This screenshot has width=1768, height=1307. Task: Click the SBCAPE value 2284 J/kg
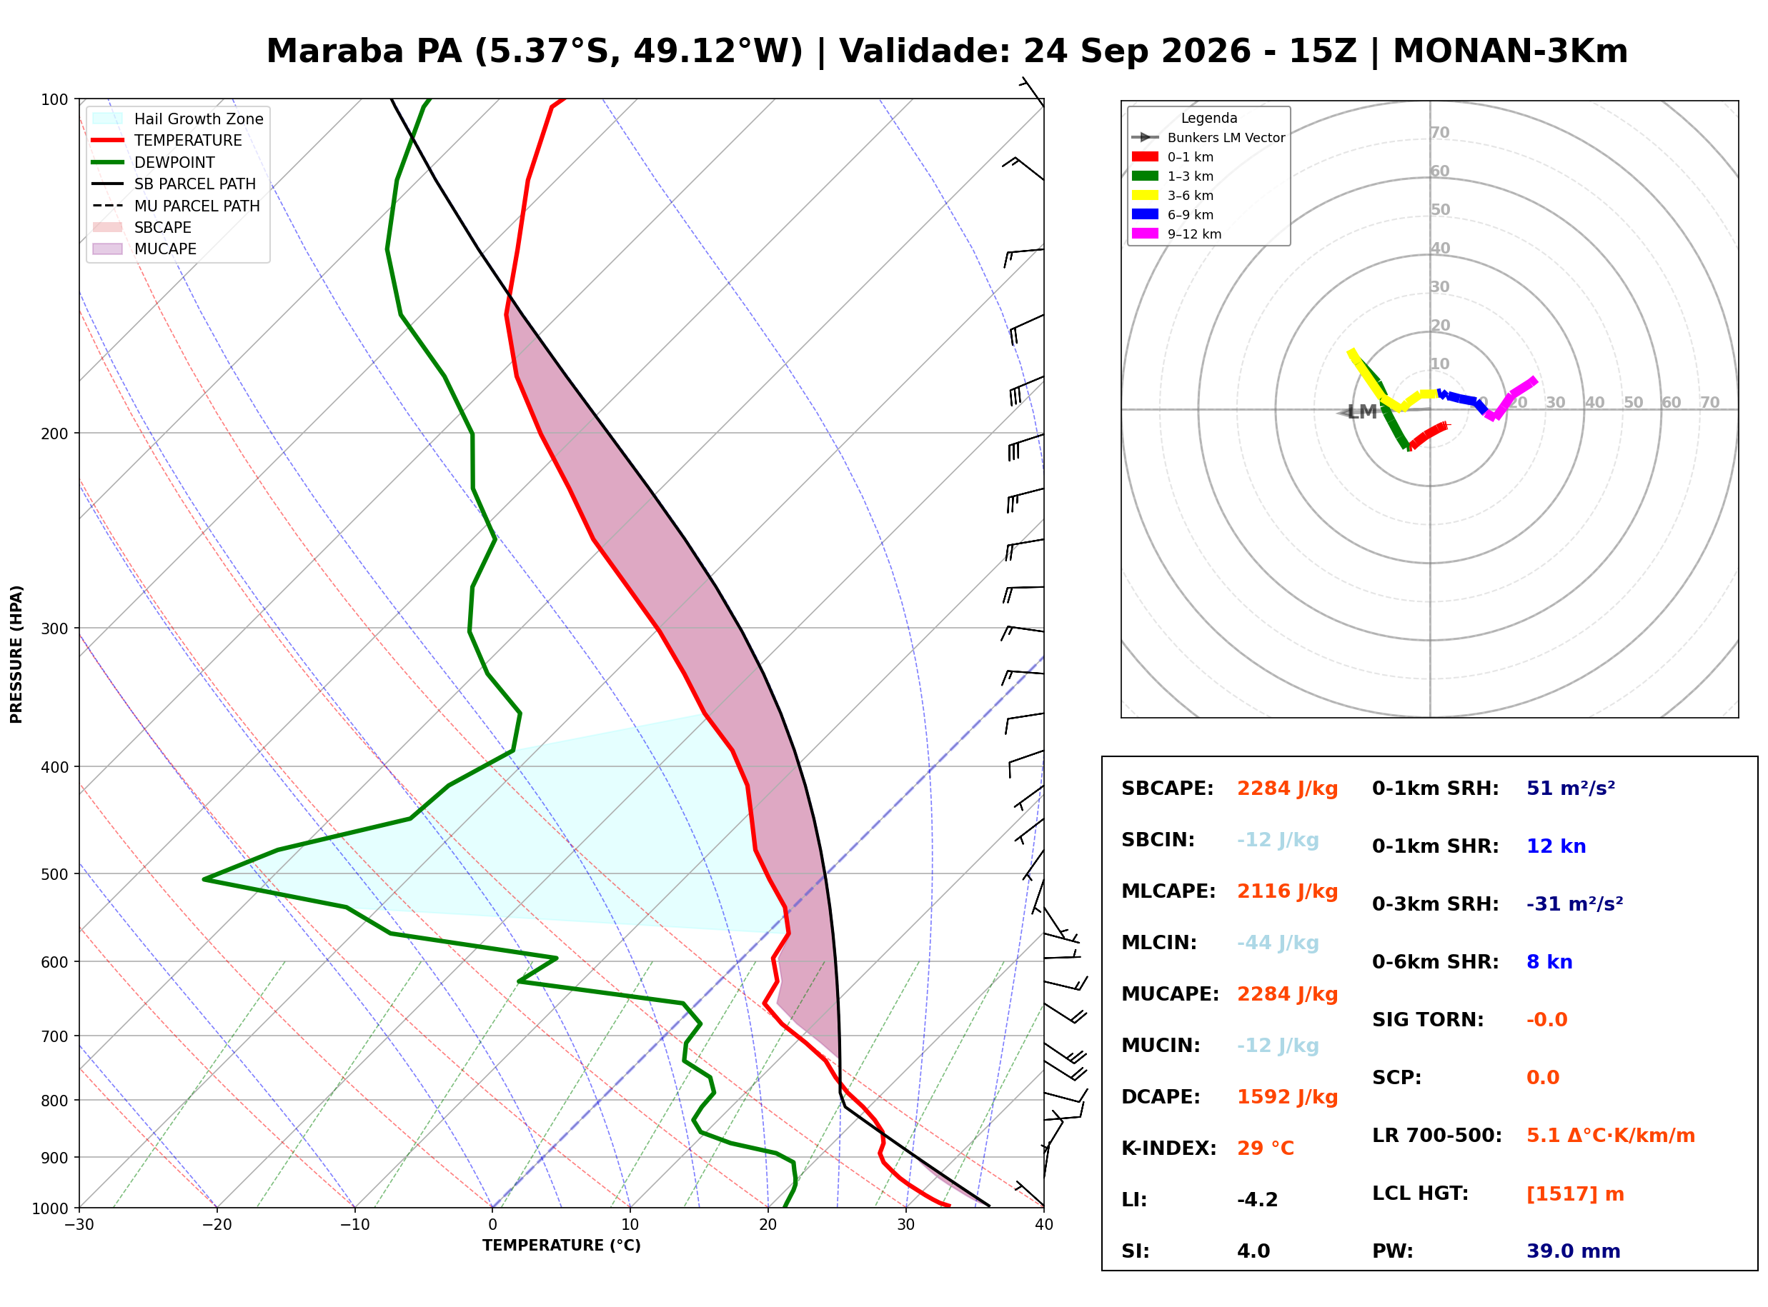coord(1287,788)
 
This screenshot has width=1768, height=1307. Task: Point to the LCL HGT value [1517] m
coord(1575,1194)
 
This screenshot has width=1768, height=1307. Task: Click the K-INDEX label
coord(1169,1148)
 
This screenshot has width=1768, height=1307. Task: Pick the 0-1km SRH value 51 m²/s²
coord(1570,788)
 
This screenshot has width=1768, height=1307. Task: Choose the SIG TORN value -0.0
coord(1546,1020)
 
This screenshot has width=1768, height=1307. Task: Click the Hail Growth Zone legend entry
coord(178,119)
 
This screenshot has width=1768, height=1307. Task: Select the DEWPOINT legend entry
coord(154,162)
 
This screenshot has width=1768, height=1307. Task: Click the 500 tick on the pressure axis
coord(56,874)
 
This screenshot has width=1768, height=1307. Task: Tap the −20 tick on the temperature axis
coord(217,1226)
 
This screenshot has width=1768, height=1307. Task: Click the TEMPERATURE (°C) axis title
coord(562,1246)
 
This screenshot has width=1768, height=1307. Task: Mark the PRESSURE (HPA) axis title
coord(16,654)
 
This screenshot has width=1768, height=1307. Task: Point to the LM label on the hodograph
coord(1362,412)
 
